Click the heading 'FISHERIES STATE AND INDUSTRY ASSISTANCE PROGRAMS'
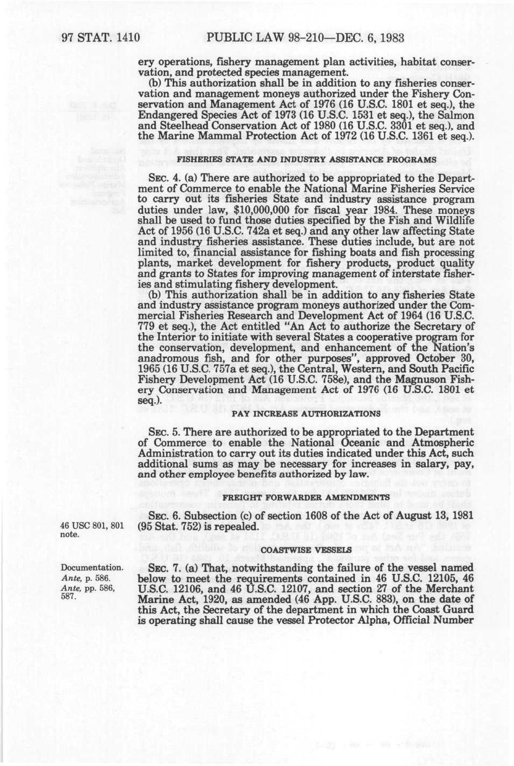pyautogui.click(x=307, y=160)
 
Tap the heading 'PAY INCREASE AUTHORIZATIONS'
pyautogui.click(x=306, y=414)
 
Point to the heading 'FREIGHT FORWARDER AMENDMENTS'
pyautogui.click(x=306, y=497)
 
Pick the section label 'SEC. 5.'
pyautogui.click(x=161, y=431)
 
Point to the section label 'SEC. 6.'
pyautogui.click(x=161, y=515)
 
